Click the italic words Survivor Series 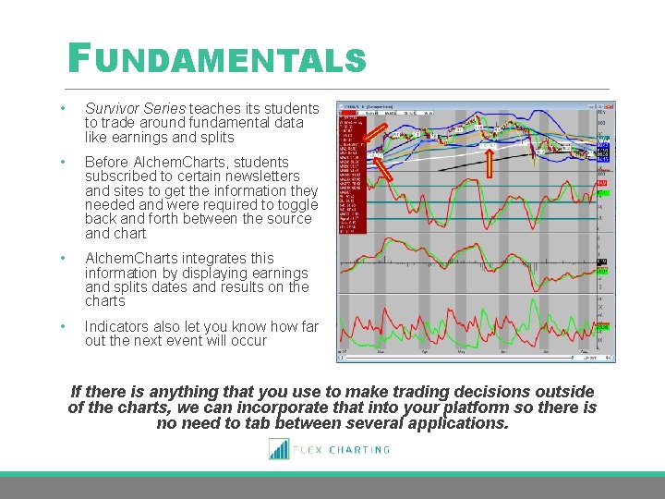135,109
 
